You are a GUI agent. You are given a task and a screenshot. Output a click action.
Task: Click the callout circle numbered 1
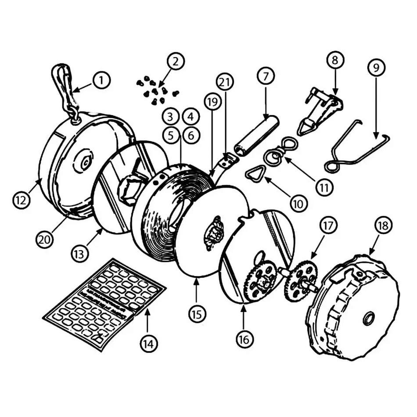(x=101, y=80)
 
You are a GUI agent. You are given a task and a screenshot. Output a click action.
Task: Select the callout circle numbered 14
(x=148, y=343)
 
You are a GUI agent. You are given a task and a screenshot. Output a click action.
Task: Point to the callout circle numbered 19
(x=212, y=102)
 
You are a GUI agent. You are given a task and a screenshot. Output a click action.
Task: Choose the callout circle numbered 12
(x=21, y=200)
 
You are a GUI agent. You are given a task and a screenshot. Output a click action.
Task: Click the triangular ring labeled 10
(x=255, y=175)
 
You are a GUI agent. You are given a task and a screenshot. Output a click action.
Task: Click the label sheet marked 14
(x=104, y=303)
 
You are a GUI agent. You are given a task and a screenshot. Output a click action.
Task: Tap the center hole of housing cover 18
(x=369, y=318)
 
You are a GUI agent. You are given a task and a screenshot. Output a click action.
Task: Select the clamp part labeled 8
(x=320, y=110)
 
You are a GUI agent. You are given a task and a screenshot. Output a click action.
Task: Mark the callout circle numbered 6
(x=191, y=135)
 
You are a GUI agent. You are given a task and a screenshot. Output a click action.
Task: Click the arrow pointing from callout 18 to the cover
(x=374, y=246)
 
